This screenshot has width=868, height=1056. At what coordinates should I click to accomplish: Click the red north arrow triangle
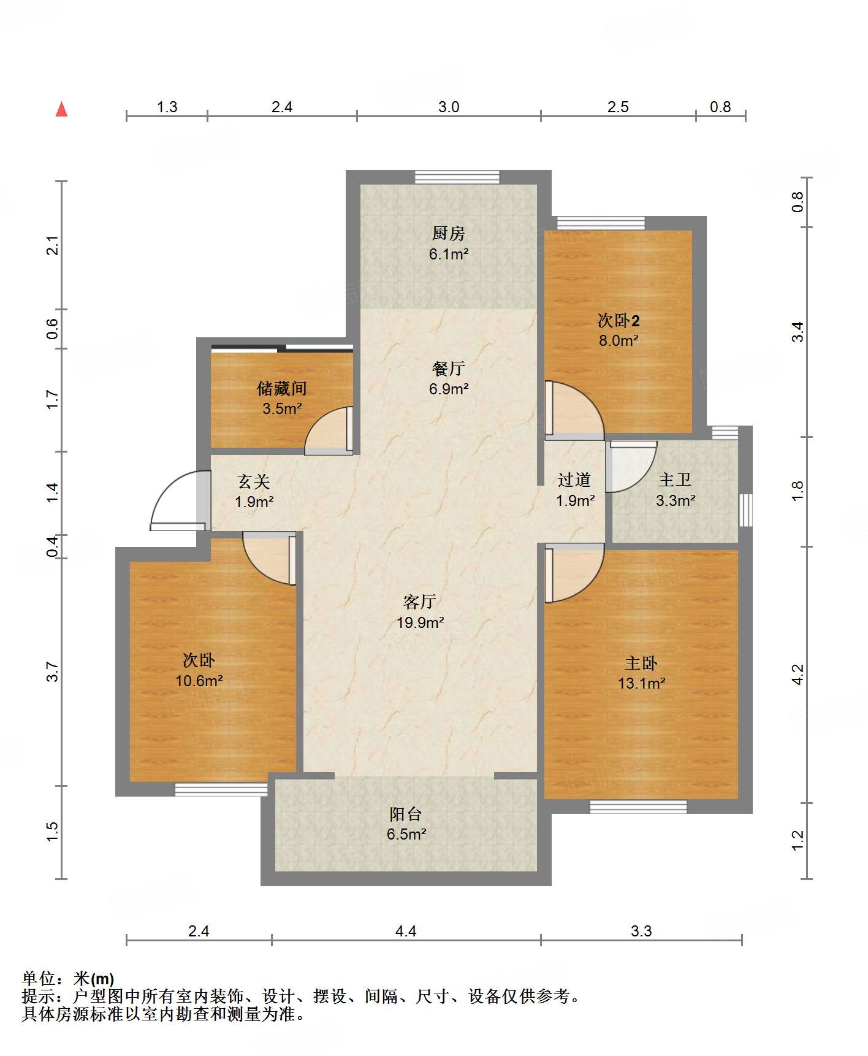(x=61, y=109)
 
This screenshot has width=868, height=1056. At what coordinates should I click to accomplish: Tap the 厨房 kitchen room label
(x=448, y=233)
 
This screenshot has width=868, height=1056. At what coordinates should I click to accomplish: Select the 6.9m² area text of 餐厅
(x=449, y=389)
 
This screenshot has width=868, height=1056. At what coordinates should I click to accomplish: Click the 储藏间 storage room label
(x=281, y=388)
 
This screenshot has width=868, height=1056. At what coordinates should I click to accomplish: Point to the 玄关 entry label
(x=254, y=481)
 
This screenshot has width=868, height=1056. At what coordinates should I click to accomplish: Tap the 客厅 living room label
(x=420, y=602)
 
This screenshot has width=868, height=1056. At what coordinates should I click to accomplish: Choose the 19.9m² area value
(x=420, y=622)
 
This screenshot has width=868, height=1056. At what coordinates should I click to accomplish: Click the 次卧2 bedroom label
(x=619, y=320)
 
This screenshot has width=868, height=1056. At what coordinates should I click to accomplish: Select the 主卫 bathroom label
(x=675, y=480)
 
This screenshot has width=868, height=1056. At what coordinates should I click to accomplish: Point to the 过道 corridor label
(x=574, y=480)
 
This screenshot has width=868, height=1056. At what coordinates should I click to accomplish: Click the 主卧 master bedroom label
(x=641, y=663)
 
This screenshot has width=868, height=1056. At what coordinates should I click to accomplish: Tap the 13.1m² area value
(x=641, y=683)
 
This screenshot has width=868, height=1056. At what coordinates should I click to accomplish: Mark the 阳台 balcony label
(x=406, y=814)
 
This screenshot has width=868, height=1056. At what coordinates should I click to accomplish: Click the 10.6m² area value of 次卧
(x=199, y=681)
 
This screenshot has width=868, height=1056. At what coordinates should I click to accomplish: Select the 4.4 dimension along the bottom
(x=406, y=932)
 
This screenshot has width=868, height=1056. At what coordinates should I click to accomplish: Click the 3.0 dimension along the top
(x=449, y=107)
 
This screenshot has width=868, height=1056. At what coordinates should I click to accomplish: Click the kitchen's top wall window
(x=457, y=177)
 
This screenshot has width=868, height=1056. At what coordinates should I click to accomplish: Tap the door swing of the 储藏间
(x=329, y=430)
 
